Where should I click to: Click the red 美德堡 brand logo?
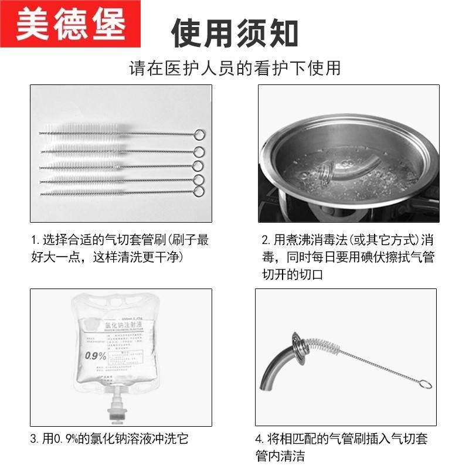pyautogui.click(x=70, y=25)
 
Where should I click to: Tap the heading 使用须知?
pyautogui.click(x=235, y=32)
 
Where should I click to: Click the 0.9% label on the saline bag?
pyautogui.click(x=94, y=355)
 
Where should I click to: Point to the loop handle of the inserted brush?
pyautogui.click(x=427, y=385)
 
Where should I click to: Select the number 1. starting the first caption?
pyautogui.click(x=36, y=240)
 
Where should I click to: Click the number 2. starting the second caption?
pyautogui.click(x=266, y=240)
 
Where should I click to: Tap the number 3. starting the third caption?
pyautogui.click(x=35, y=439)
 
